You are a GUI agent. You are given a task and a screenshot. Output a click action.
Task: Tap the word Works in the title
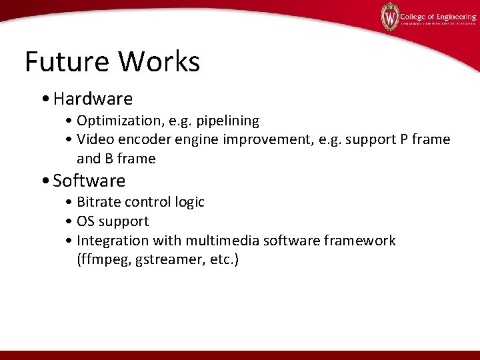tap(159, 62)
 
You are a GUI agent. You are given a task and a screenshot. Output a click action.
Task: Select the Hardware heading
tap(93, 99)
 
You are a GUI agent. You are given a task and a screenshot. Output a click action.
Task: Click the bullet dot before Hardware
tap(44, 100)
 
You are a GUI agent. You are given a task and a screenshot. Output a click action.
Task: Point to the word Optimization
tap(117, 121)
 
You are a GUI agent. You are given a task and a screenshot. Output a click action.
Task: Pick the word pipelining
tap(227, 121)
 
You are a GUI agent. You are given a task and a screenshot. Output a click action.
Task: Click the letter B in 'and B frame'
tap(109, 159)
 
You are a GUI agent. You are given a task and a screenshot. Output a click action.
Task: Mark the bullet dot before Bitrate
tap(69, 202)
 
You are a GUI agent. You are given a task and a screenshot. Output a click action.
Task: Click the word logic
tap(189, 202)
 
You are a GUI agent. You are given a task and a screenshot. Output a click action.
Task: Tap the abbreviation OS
tap(86, 221)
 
